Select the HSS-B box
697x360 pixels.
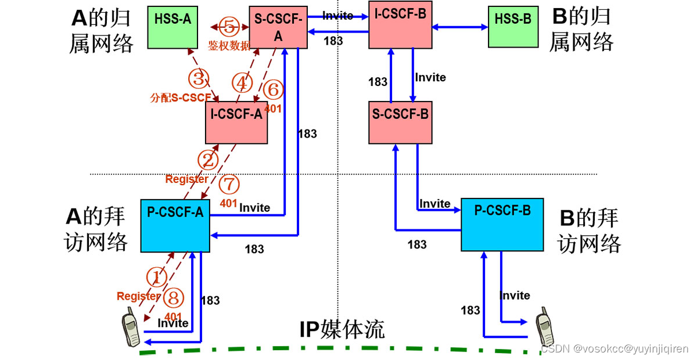click(512, 27)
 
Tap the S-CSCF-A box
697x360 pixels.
click(277, 27)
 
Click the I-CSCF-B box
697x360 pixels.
click(400, 24)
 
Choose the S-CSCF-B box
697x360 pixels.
click(400, 122)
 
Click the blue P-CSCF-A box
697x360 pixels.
click(175, 225)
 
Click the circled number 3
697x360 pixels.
click(197, 77)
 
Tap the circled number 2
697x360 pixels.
click(209, 159)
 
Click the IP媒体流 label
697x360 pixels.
click(342, 330)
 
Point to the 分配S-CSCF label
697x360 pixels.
click(179, 98)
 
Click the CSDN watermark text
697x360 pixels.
click(615, 349)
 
